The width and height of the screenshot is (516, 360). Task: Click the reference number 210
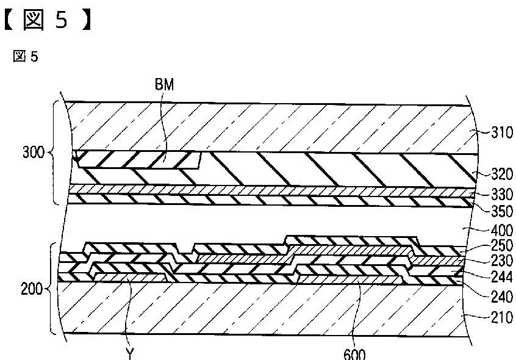tap(501, 317)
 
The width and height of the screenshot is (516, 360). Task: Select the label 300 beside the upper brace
tap(33, 153)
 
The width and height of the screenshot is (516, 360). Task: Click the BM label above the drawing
tap(164, 85)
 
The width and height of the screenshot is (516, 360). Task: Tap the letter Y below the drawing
tap(129, 353)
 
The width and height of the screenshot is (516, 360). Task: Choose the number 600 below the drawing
tap(356, 354)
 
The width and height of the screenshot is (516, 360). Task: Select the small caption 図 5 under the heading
tap(26, 57)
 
